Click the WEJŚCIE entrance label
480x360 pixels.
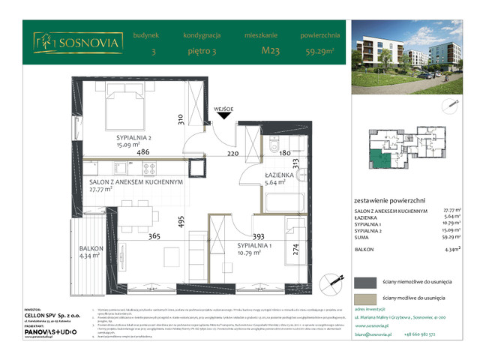(x=223, y=108)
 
